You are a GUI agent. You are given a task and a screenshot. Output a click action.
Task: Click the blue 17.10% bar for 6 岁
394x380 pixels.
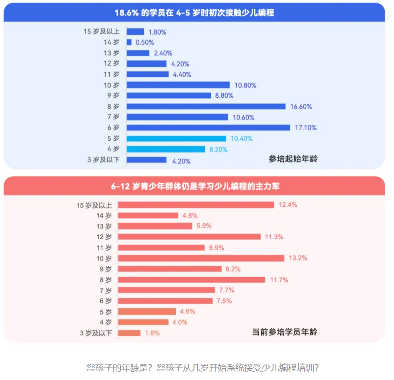point(208,128)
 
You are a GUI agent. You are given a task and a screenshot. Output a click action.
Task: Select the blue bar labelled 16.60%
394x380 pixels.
point(206,106)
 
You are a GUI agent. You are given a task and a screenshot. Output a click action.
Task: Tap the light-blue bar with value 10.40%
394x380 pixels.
point(176,139)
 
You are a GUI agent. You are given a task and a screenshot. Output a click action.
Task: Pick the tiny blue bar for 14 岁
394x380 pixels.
point(129,42)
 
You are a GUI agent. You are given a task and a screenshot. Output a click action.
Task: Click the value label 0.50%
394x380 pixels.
point(145,42)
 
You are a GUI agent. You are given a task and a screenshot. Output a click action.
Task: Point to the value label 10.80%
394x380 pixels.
point(245,85)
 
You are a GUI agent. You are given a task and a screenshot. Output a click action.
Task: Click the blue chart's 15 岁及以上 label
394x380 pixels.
point(101,32)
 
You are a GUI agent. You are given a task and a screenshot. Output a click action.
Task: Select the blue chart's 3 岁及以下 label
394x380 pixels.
point(103,160)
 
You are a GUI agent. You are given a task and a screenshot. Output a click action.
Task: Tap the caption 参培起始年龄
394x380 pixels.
point(293,159)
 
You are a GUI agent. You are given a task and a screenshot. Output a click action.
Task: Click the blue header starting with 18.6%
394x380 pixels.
point(194,13)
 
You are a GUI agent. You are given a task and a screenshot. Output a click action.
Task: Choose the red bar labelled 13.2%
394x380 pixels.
point(201,258)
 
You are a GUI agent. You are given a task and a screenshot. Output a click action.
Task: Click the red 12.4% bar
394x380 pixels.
point(196,205)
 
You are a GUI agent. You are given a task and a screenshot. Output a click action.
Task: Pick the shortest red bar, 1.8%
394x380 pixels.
point(129,333)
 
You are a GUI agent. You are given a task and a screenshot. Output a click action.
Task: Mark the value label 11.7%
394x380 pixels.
point(279,280)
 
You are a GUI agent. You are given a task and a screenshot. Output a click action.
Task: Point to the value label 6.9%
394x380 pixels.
point(217,248)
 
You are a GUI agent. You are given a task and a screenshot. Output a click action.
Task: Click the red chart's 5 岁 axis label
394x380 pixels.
point(106,312)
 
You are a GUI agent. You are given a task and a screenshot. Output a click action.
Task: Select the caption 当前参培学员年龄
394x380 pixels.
point(285,332)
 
